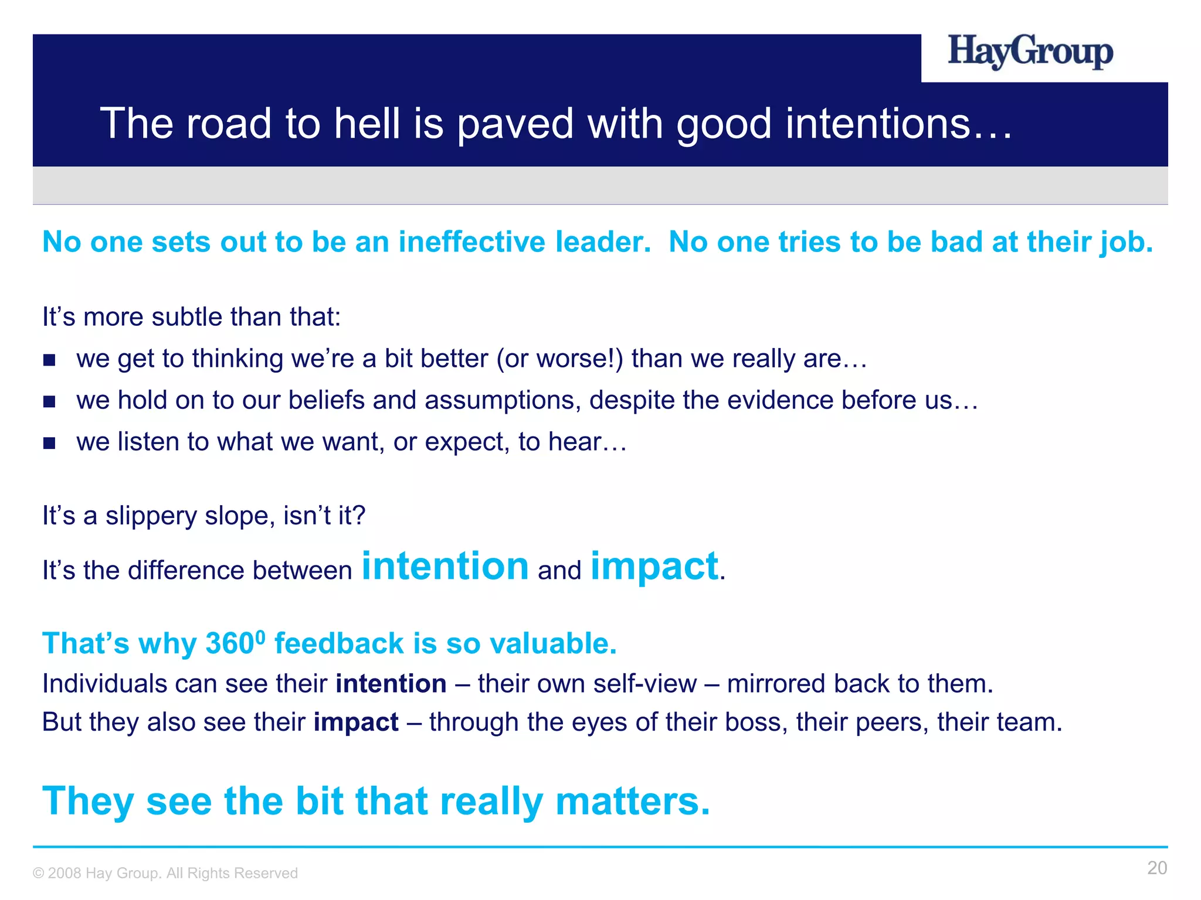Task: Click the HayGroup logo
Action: [1030, 53]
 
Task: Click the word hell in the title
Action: [367, 124]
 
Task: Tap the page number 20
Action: [1156, 868]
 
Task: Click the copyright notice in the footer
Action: [165, 873]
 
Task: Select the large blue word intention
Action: [445, 567]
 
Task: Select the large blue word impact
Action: [654, 567]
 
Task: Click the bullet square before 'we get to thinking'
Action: [49, 360]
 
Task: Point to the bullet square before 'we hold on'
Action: [49, 401]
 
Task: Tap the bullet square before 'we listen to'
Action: [49, 443]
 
